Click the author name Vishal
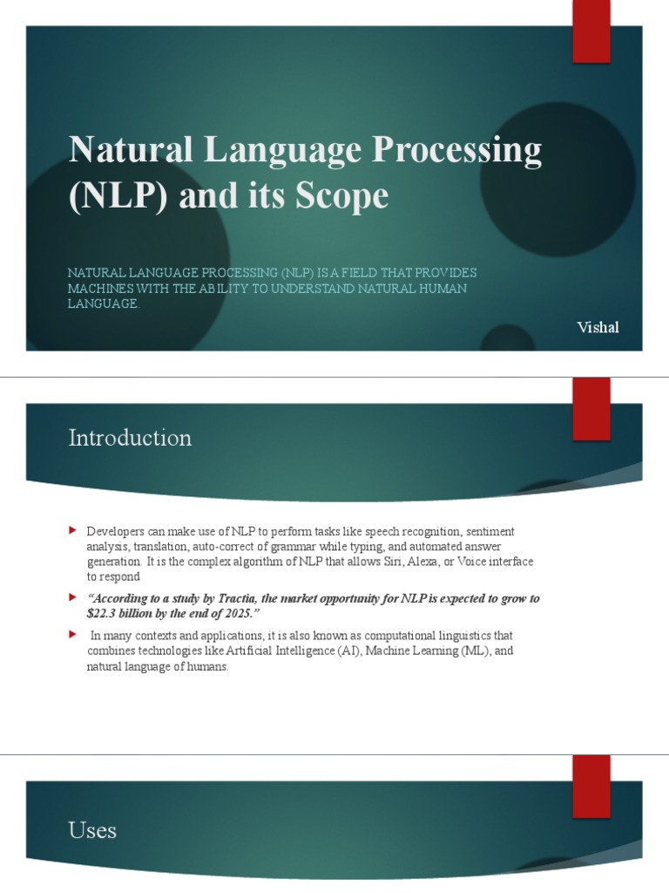598,327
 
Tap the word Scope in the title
341,195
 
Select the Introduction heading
130,438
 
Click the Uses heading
92,830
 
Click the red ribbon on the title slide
591,31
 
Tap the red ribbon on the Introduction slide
591,408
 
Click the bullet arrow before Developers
73,530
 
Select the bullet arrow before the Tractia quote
73,598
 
